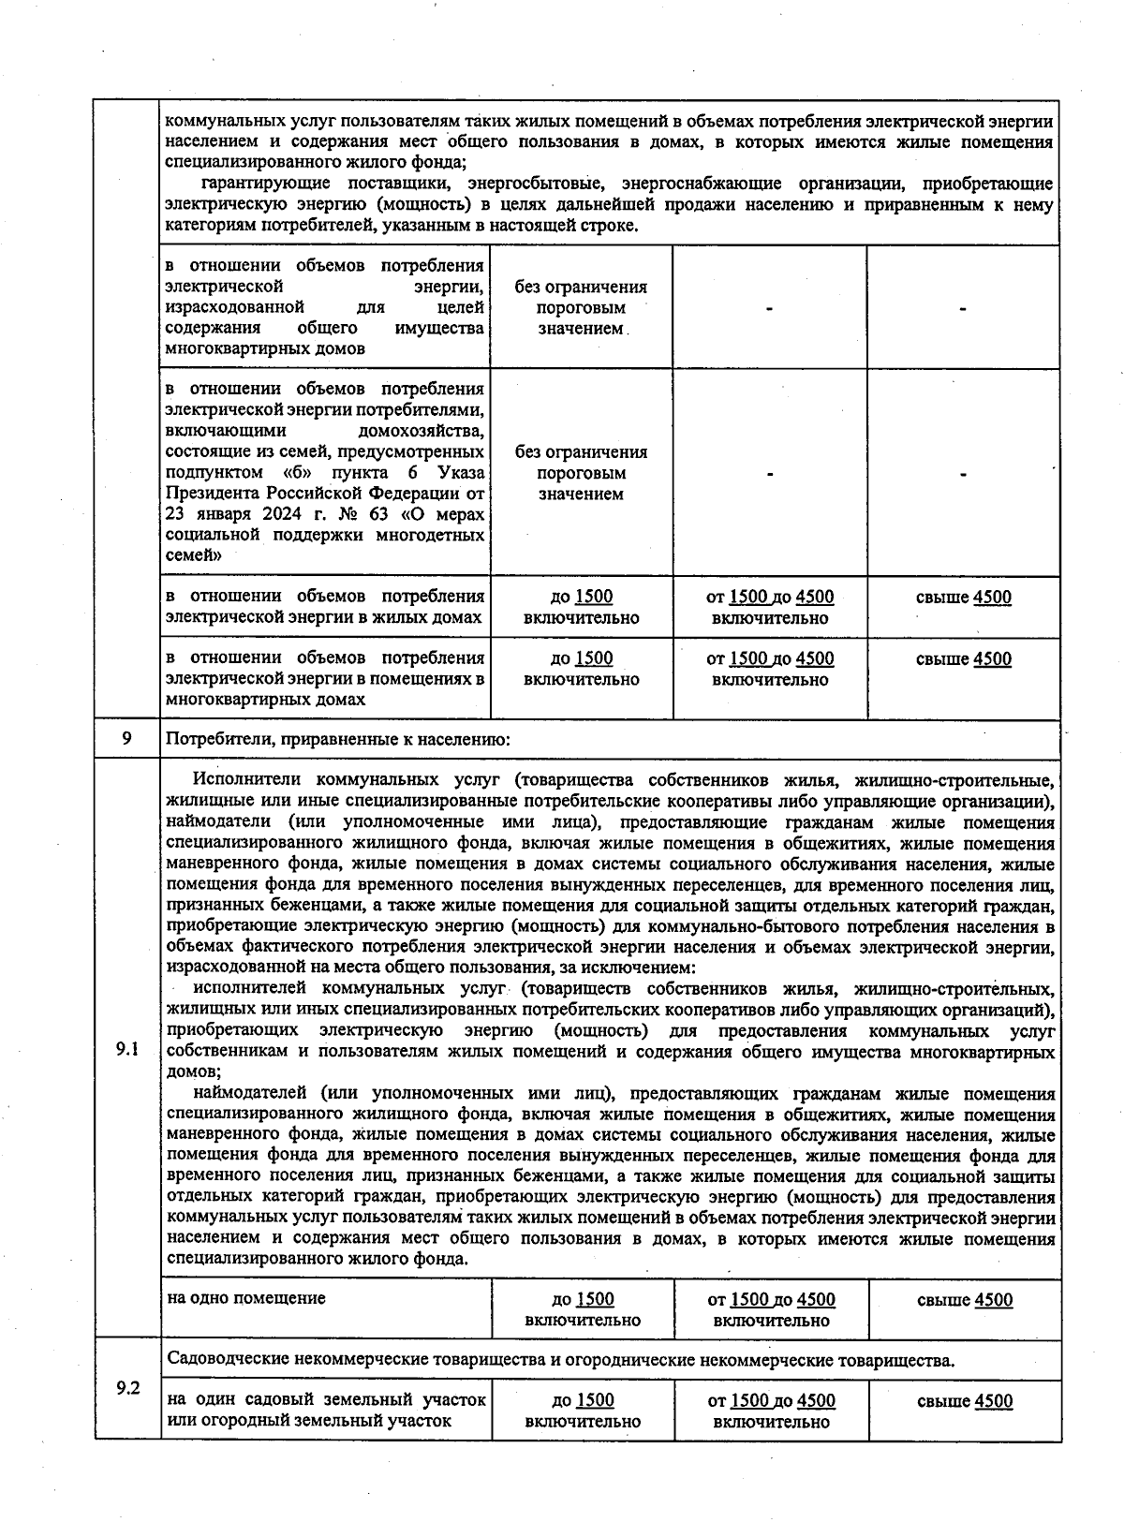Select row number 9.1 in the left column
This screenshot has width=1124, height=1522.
127,1049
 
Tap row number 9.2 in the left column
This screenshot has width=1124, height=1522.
127,1388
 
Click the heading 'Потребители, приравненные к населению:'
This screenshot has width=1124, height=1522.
337,740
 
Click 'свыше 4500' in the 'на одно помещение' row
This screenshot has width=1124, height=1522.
965,1300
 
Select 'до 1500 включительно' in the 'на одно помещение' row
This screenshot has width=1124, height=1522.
583,1309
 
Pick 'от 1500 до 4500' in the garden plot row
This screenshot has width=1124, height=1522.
771,1401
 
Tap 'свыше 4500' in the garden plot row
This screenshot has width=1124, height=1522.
965,1401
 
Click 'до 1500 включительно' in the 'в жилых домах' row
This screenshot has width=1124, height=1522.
582,607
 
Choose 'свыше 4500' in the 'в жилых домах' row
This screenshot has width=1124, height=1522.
964,598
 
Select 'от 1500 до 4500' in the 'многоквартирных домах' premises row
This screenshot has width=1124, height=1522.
770,659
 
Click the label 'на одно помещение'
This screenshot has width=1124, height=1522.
246,1298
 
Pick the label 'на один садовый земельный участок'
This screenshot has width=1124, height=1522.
326,1400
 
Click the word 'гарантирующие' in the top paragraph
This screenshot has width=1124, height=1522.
264,184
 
